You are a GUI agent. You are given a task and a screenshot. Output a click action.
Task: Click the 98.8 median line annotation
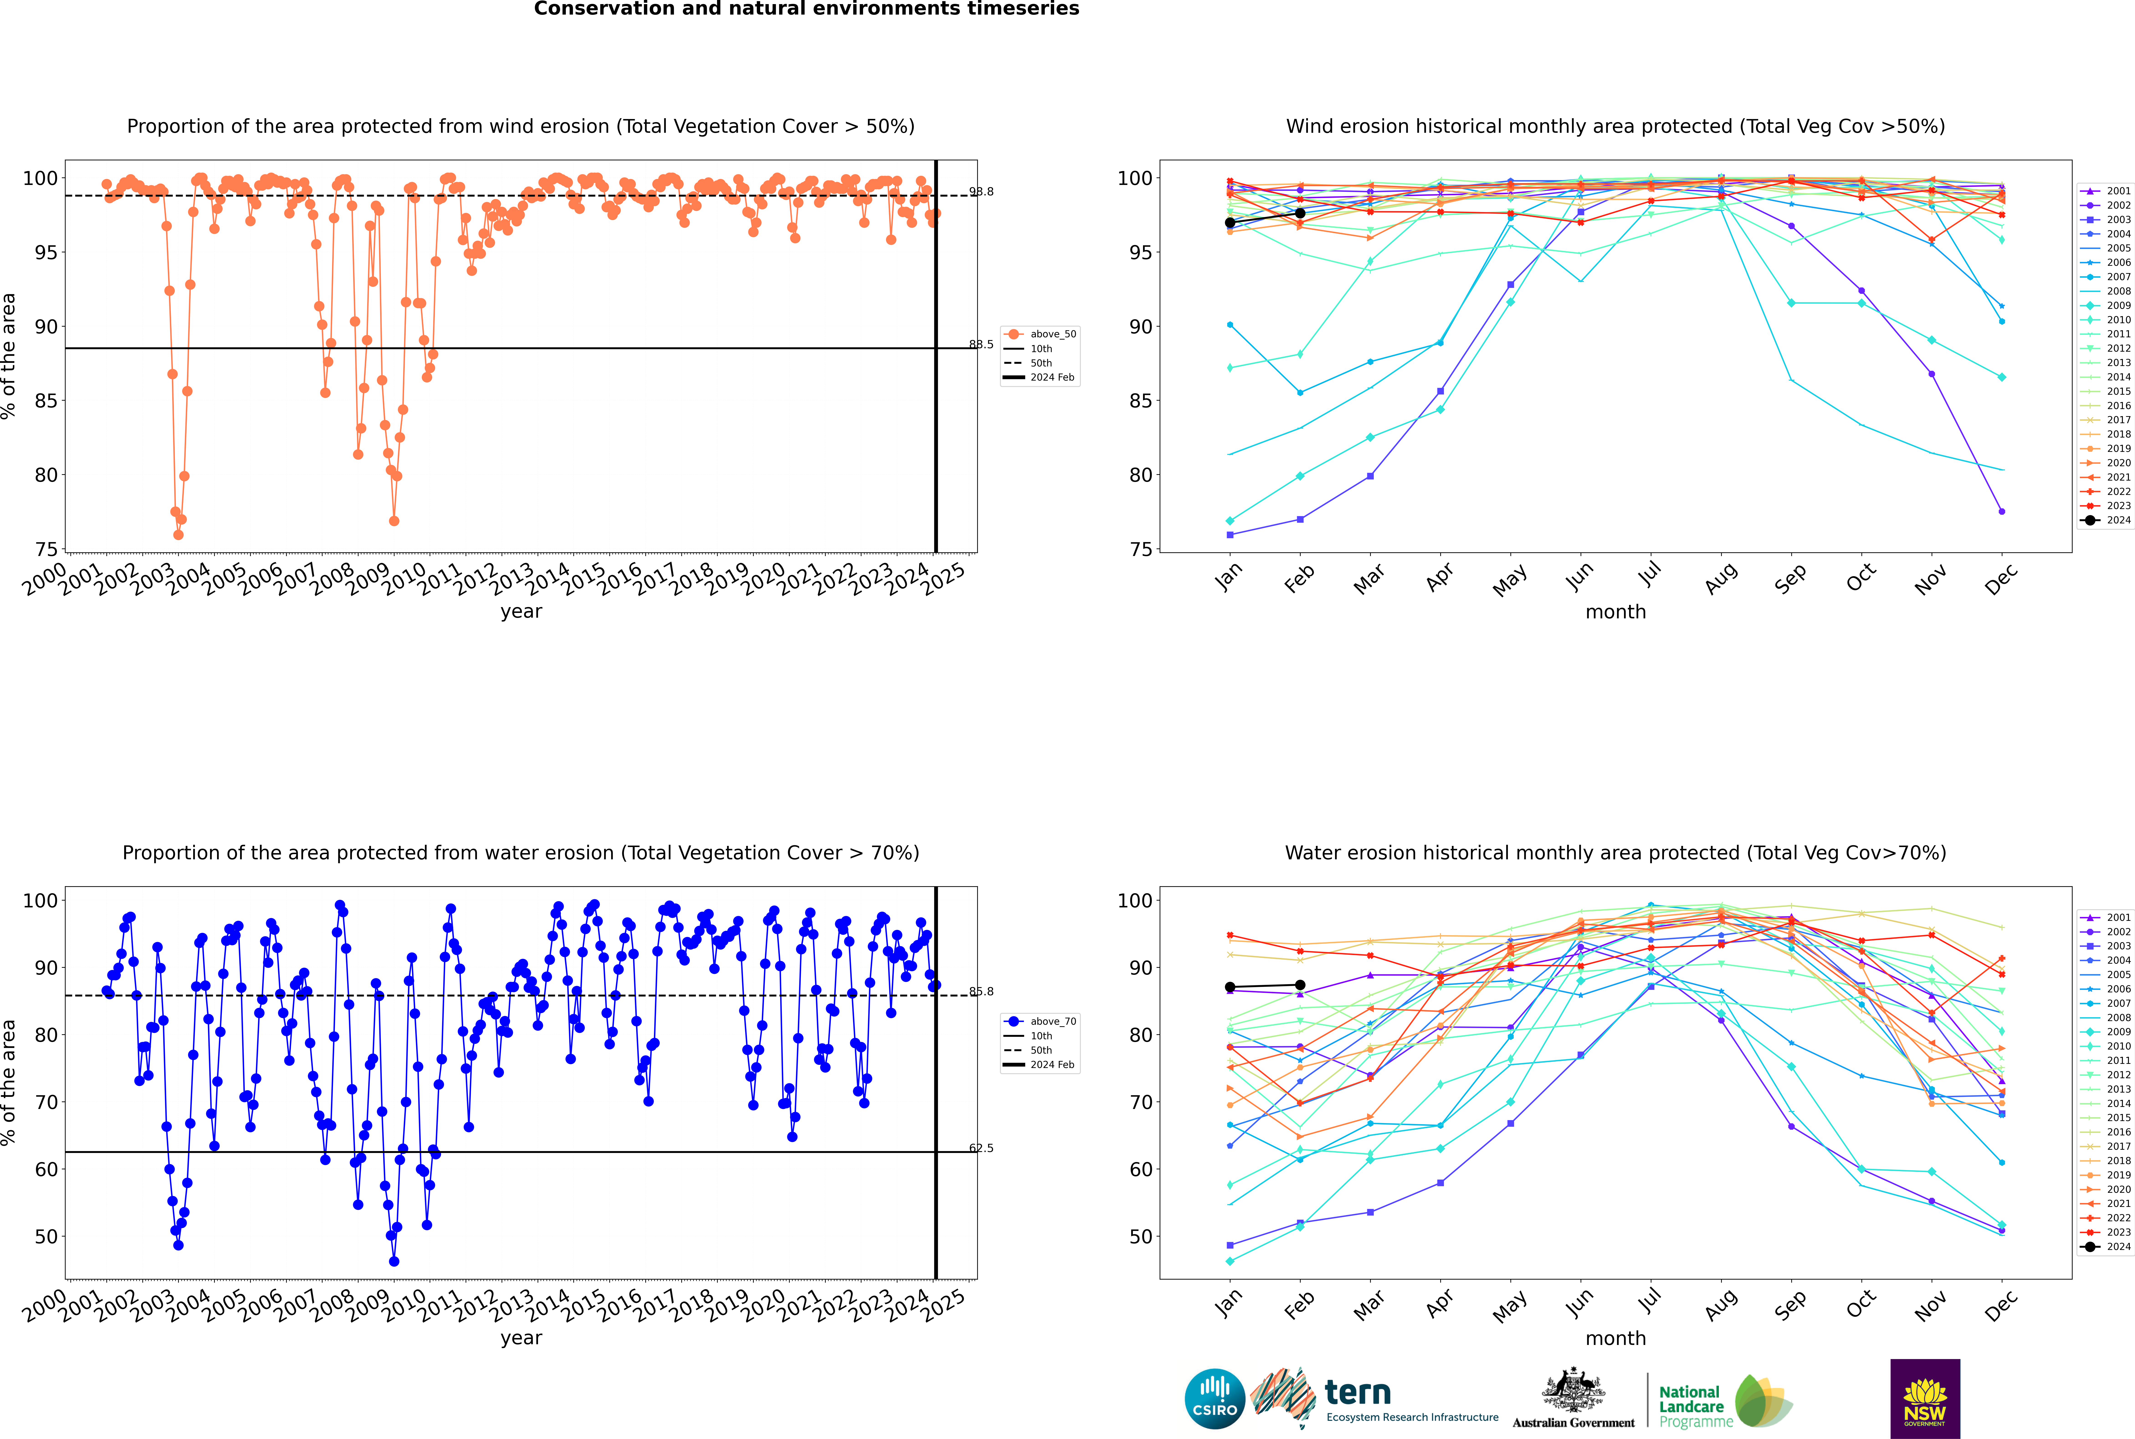(981, 192)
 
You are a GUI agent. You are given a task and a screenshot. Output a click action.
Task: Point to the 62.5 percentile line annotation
(981, 1148)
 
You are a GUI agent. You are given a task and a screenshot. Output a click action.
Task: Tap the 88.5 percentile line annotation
(981, 345)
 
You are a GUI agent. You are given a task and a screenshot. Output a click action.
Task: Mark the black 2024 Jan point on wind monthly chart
(1230, 223)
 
